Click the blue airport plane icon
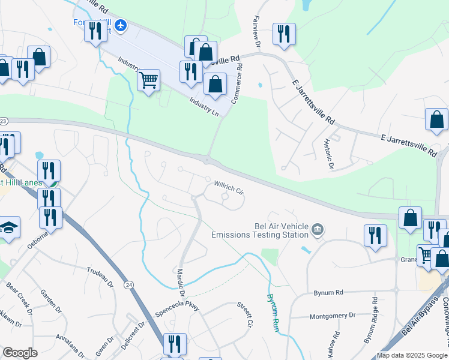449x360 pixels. (121, 25)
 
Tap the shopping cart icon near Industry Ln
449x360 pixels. (148, 80)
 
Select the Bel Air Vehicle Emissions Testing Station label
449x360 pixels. (260, 229)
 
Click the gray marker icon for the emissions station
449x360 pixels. (318, 229)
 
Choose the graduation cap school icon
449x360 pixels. (9, 227)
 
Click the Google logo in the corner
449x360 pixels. (20, 353)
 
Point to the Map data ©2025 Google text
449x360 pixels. (412, 355)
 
